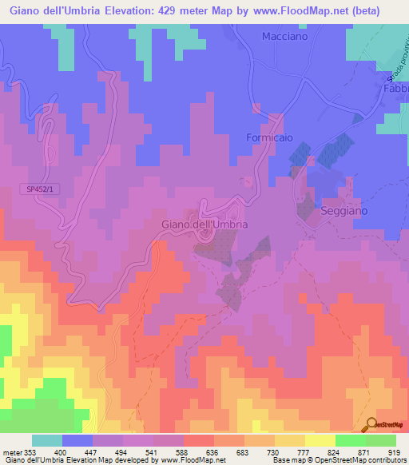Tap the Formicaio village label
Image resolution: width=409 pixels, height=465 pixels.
269,137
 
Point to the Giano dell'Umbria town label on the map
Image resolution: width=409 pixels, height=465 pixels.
204,225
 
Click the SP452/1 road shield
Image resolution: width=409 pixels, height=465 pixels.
37,189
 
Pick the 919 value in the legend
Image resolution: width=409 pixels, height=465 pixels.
395,451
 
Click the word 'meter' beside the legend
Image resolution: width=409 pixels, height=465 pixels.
10,451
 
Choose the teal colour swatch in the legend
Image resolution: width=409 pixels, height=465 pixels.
46,440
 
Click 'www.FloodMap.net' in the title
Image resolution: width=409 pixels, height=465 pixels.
308,10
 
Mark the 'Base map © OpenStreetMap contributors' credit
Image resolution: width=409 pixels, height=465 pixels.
336,460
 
